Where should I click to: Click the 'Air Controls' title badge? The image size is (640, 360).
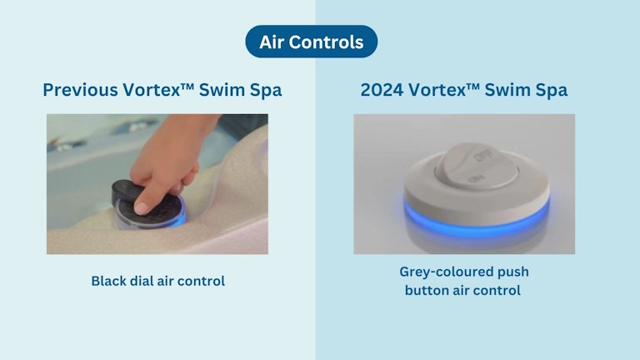311,42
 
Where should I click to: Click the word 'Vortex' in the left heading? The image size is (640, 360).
157,90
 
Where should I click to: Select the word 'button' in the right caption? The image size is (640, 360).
427,290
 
